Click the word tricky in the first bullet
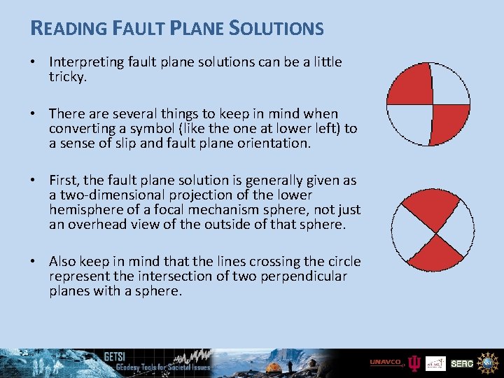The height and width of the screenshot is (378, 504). [x=66, y=77]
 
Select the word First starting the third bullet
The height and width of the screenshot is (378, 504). [x=64, y=180]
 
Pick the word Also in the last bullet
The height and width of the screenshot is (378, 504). [x=63, y=261]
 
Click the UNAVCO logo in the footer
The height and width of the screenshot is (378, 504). [x=386, y=363]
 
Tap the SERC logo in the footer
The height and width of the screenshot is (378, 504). [x=462, y=363]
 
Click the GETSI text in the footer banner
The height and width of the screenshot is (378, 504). [x=114, y=356]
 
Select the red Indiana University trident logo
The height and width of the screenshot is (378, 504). [x=415, y=363]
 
